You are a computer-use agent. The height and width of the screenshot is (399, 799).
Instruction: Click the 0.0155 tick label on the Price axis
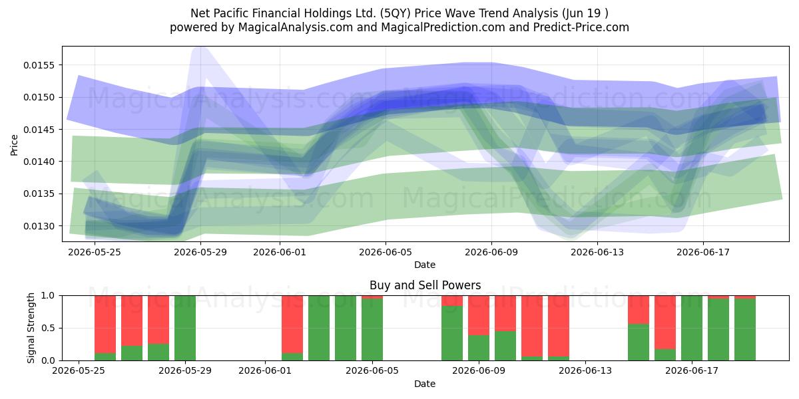coord(39,65)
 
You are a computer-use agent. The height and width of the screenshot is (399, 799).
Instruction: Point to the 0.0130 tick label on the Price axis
coord(39,226)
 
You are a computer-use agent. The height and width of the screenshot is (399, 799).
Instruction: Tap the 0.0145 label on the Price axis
coord(39,130)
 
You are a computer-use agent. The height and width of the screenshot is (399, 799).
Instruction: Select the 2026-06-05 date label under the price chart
coord(386,252)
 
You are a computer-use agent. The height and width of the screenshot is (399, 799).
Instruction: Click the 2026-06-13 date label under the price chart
coord(597,252)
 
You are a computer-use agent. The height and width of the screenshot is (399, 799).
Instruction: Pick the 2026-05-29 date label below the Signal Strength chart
coord(185,370)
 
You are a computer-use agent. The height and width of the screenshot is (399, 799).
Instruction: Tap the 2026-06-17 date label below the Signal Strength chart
coord(692,370)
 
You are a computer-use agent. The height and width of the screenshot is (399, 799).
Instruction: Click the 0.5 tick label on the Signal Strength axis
coord(48,328)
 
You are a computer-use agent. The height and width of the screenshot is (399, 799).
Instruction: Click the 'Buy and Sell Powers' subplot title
coord(425,285)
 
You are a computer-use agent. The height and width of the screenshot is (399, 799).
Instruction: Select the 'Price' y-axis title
coord(14,145)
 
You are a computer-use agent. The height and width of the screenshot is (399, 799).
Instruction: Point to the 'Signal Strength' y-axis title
coord(31,328)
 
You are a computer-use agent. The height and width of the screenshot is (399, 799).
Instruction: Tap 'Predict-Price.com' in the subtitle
coord(581,27)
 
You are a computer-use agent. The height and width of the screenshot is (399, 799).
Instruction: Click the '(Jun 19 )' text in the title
coord(585,13)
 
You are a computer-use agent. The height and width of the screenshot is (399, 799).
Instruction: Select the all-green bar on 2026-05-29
coord(185,328)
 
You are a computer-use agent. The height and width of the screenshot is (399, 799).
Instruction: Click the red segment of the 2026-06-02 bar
coord(292,325)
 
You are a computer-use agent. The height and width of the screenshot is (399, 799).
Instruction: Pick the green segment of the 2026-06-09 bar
coord(479,348)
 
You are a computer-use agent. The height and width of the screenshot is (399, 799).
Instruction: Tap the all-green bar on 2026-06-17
coord(692,328)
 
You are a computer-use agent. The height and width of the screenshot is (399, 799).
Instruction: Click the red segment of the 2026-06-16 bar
coord(665,323)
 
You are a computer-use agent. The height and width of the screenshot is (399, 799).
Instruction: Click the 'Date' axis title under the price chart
coord(425,265)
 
